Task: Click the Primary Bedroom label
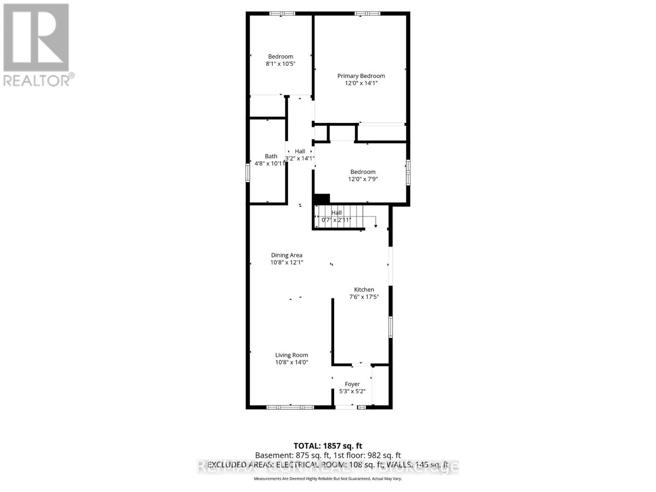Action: (361, 76)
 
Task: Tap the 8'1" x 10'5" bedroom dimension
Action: (280, 64)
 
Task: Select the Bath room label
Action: (271, 156)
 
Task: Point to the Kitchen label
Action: (364, 289)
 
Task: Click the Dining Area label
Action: (287, 255)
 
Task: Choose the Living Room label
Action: (292, 355)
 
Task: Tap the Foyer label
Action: (352, 384)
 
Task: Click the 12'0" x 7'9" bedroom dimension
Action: (363, 179)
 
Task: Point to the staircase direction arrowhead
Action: (376, 226)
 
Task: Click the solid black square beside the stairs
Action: (322, 198)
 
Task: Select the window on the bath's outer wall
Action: (248, 173)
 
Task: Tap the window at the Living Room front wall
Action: (290, 407)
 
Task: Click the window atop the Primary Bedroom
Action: (367, 14)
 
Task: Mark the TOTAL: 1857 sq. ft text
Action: (328, 446)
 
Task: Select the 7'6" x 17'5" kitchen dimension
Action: (364, 297)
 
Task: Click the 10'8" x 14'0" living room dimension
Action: (292, 362)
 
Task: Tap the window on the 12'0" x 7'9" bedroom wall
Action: (408, 172)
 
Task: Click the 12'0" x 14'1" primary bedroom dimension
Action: (361, 83)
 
